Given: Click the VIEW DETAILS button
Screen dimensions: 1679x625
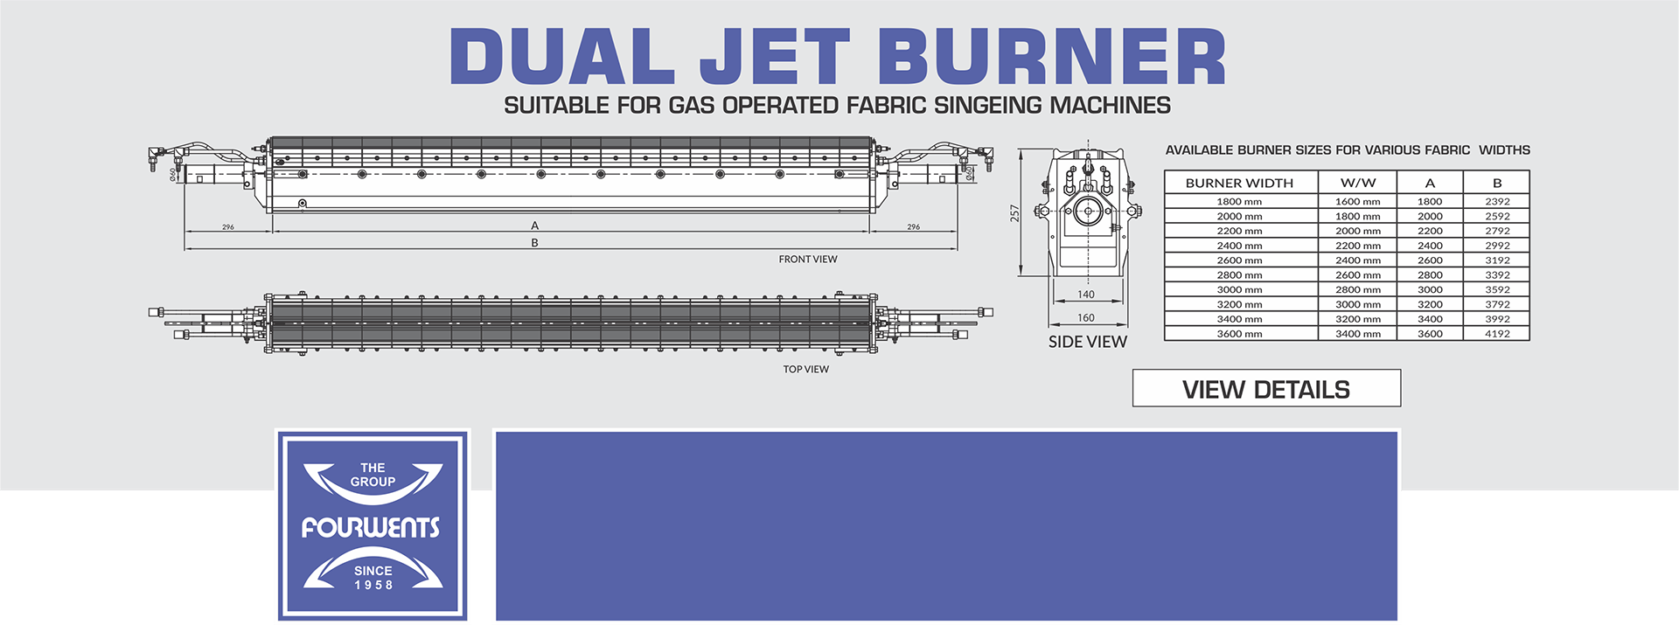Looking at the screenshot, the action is coord(1266,388).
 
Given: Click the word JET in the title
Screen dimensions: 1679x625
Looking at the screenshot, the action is coord(774,57).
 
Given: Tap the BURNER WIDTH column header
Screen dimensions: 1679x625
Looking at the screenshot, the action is coord(1239,183).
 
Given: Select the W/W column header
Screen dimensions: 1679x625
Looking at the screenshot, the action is coord(1358,183).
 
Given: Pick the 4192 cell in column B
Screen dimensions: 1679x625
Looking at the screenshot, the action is coord(1497,334).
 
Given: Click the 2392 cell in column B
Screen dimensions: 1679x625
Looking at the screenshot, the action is coord(1497,201).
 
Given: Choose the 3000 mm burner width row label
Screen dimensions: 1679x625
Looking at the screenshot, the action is coord(1239,289).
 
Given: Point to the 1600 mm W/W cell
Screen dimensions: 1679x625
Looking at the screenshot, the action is coord(1358,201).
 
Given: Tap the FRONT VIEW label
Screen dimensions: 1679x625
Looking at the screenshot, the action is coord(808,260).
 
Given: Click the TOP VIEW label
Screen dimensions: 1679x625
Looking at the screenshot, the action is coord(806,370).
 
